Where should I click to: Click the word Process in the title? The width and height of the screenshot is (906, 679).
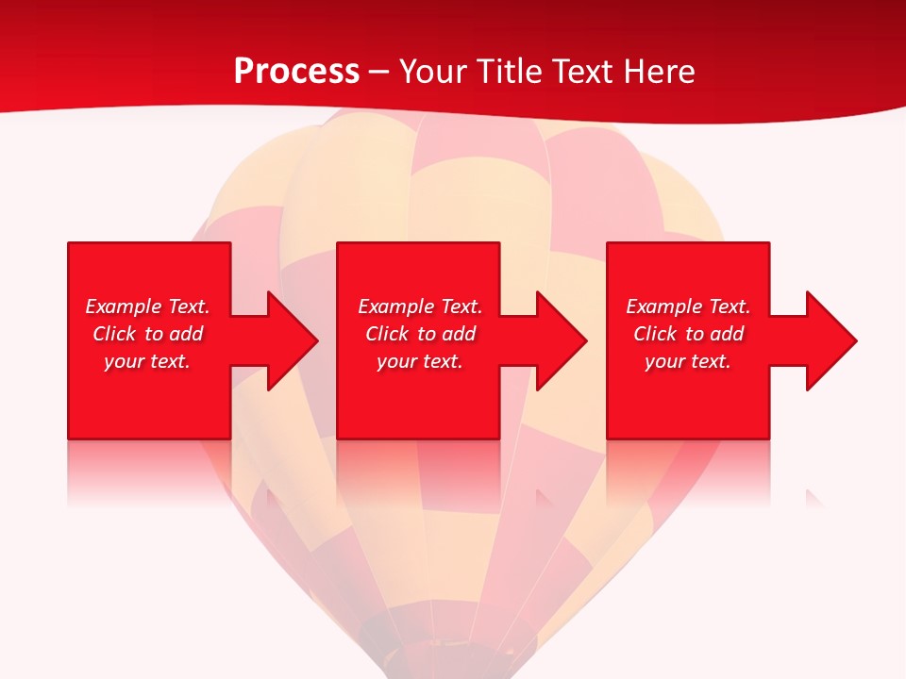296,72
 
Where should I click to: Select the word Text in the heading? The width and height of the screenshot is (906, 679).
580,72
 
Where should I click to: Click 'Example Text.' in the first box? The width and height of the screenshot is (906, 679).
147,306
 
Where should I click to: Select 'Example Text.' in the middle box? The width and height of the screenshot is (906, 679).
420,306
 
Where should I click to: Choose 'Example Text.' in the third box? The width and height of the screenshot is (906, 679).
688,306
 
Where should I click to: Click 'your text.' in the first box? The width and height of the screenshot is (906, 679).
147,361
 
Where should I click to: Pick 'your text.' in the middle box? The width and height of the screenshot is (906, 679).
420,361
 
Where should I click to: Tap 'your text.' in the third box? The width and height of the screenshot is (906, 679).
688,361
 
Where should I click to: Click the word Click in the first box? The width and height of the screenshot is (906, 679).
114,334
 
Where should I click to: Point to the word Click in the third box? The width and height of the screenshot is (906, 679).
655,334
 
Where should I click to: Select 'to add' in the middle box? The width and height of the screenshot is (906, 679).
447,334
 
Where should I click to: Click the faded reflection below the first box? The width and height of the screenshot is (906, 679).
149,472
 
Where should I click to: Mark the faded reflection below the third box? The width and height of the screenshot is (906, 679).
688,472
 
